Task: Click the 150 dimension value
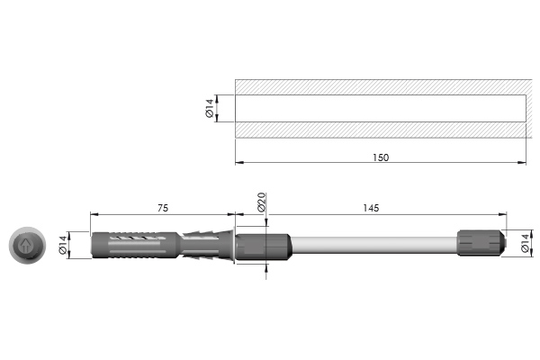tap(381, 157)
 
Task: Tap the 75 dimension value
tap(163, 208)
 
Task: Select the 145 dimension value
tap(371, 208)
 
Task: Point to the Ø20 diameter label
tap(262, 202)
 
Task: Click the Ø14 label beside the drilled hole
tap(210, 108)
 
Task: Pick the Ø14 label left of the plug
tap(63, 245)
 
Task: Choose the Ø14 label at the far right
tap(526, 243)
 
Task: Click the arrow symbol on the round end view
tap(25, 246)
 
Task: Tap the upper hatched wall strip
tap(383, 87)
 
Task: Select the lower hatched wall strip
tap(383, 130)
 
